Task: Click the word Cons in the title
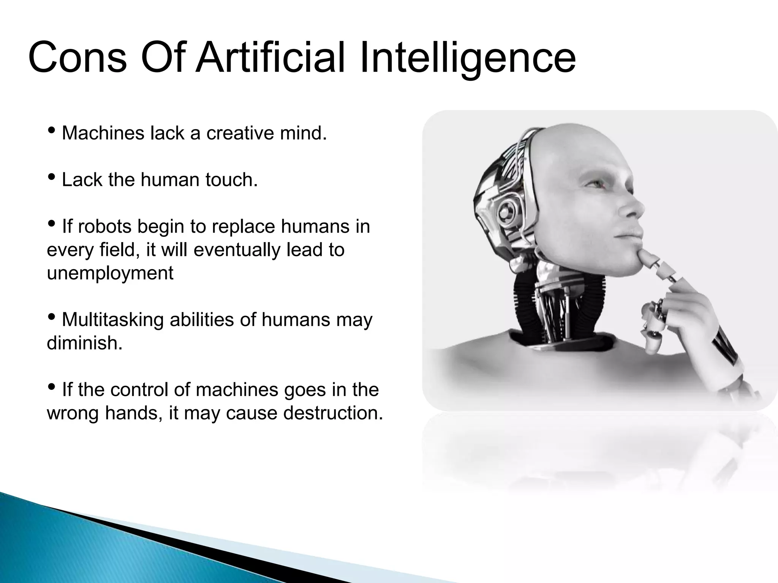pos(77,58)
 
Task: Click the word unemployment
pos(110,273)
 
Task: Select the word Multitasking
pos(113,320)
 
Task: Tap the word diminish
pos(84,343)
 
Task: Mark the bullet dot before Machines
pos(52,131)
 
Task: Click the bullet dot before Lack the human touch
pos(52,177)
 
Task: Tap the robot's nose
pos(635,209)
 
